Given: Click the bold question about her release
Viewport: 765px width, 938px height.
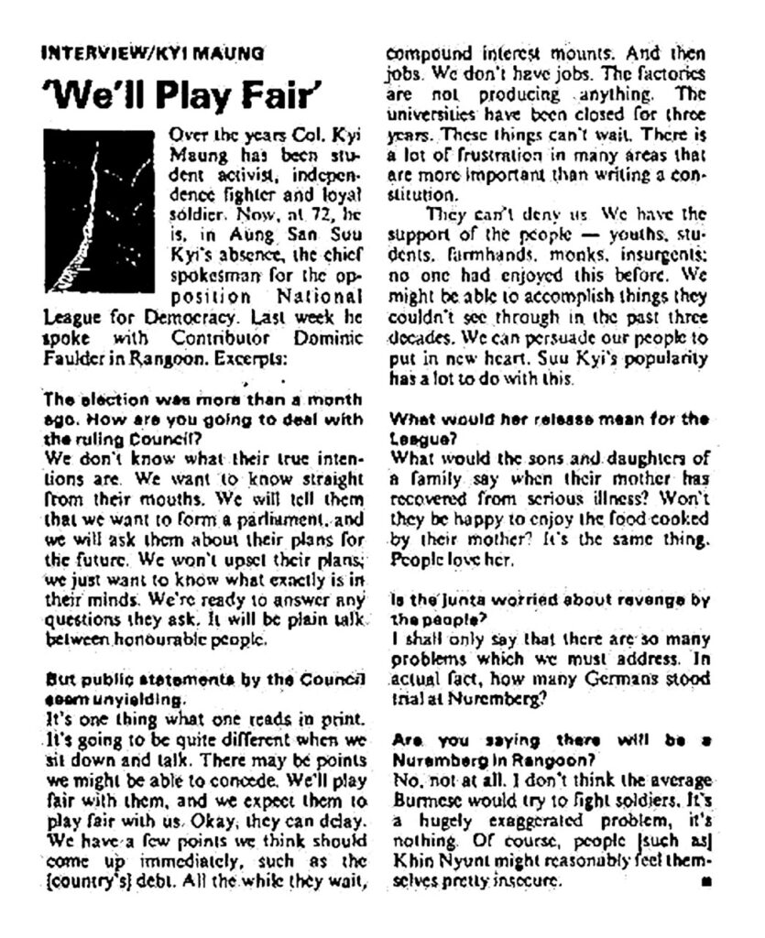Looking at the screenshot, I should [x=548, y=427].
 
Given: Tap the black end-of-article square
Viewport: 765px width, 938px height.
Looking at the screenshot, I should [x=705, y=881].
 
